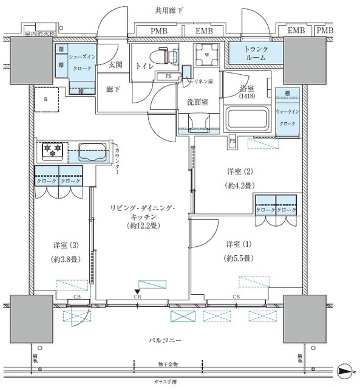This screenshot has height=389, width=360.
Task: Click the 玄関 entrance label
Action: click(x=116, y=65)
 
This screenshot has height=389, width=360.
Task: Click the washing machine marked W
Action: click(x=208, y=54)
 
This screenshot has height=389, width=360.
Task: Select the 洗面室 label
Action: click(x=197, y=102)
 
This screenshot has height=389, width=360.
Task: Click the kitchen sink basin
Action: click(x=92, y=151)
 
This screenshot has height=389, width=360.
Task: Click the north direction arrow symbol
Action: click(x=344, y=371)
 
